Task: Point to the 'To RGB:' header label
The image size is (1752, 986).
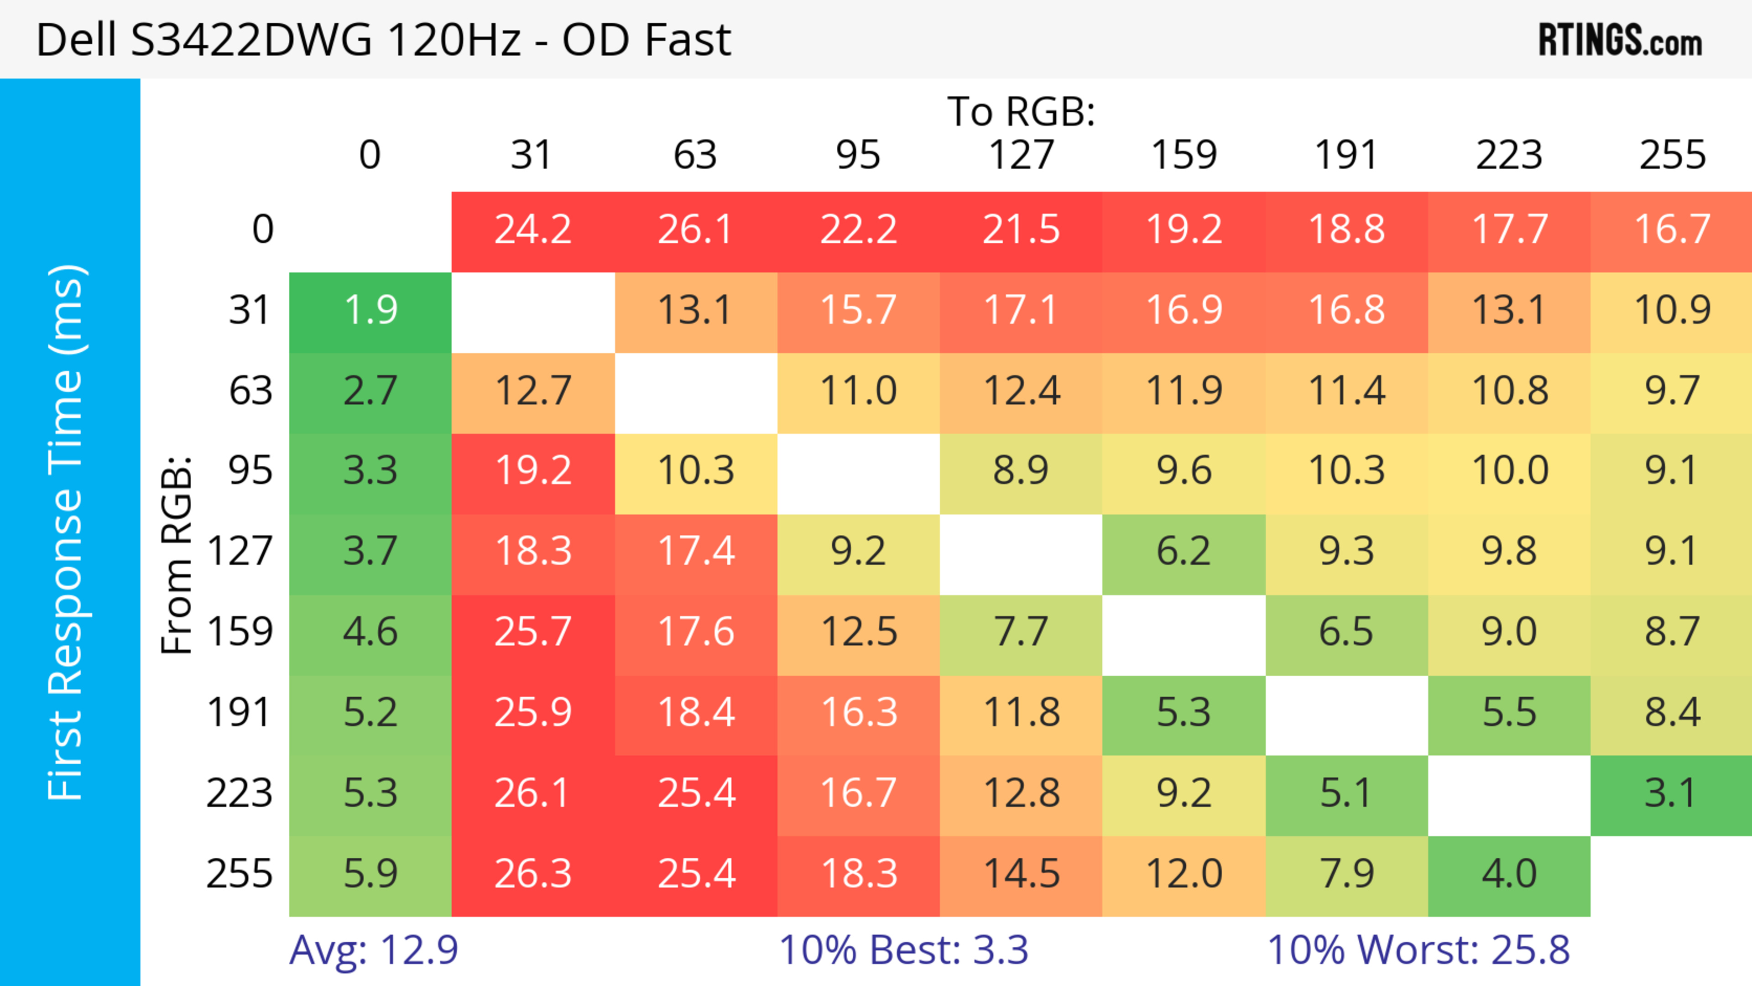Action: (1021, 111)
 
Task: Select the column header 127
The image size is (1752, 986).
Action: (1021, 155)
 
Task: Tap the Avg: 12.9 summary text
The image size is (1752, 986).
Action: (373, 950)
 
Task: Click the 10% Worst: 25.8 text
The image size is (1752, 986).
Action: (1418, 950)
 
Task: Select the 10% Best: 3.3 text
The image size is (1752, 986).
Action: (903, 950)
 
